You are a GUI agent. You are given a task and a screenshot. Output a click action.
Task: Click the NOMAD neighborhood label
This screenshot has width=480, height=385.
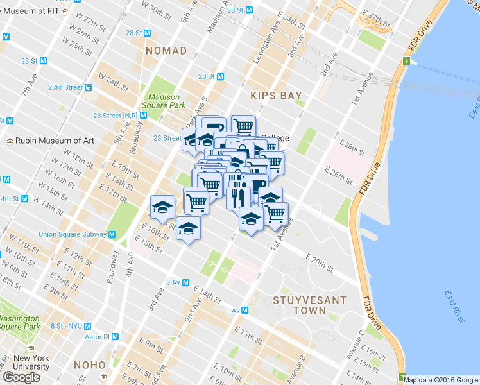[166, 50]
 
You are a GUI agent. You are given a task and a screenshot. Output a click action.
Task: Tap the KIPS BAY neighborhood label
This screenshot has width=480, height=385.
[276, 95]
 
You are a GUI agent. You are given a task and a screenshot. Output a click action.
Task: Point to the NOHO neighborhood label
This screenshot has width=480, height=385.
[89, 364]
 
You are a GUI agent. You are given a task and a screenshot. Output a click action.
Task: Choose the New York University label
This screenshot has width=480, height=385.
[31, 363]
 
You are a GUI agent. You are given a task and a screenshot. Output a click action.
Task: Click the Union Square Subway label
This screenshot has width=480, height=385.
[73, 234]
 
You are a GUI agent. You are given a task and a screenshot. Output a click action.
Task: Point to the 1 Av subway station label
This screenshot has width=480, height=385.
[232, 311]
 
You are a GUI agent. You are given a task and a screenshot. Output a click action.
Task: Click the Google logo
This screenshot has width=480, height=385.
[21, 377]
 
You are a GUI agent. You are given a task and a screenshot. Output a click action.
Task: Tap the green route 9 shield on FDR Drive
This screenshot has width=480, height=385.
[406, 62]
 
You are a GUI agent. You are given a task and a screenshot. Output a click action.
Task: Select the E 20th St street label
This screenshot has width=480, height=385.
[320, 262]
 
